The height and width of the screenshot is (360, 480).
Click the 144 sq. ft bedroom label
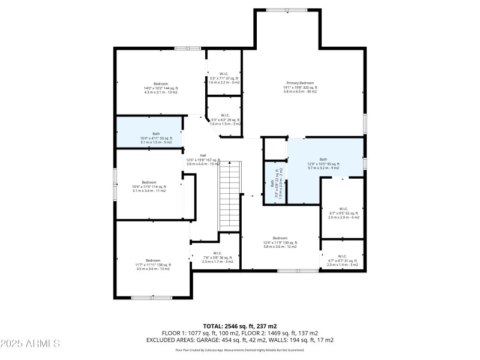161,88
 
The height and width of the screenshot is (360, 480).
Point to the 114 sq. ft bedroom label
148,186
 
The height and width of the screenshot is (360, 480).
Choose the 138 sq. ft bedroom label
152,265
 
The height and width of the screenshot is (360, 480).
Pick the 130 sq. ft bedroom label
280,242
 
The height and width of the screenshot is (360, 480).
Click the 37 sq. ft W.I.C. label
224,78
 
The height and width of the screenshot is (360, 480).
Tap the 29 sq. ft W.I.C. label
224,119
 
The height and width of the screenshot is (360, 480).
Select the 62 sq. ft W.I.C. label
343,213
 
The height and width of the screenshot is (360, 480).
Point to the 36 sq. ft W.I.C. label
217,257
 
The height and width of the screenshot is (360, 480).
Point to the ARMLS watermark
30,343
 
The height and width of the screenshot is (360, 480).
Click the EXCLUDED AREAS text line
240,340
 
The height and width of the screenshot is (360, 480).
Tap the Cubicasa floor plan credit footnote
240,350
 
